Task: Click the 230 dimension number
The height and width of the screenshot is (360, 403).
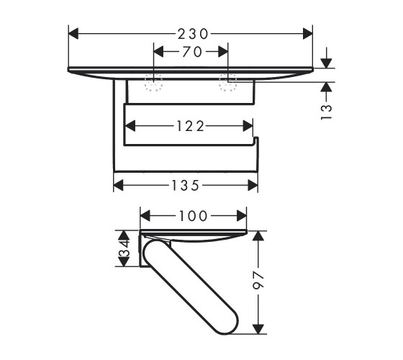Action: [193, 34]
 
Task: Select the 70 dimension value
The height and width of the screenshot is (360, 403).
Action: [192, 52]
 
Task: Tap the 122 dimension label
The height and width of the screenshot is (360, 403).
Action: [191, 126]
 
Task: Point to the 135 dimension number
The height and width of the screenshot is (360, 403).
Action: [186, 186]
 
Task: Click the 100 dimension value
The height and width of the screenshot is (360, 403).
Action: [193, 216]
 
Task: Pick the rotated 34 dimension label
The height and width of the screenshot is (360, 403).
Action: [124, 248]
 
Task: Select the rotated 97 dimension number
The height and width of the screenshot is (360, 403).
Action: [258, 282]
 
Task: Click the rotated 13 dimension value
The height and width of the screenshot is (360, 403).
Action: [327, 112]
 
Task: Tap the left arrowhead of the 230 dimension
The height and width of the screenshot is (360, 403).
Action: [73, 34]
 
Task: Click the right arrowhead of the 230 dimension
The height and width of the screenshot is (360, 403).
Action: [308, 34]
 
